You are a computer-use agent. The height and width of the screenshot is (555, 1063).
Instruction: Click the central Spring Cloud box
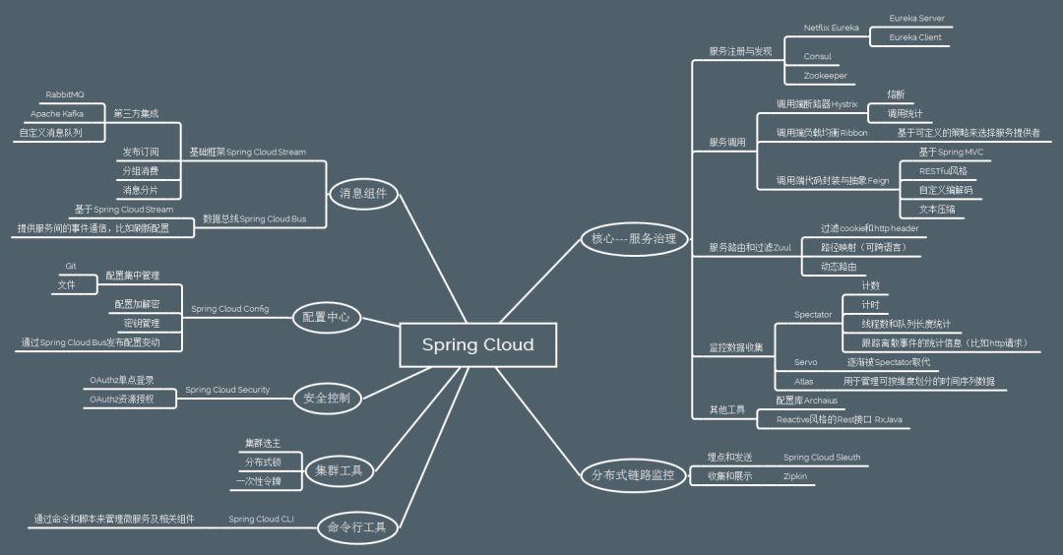click(477, 344)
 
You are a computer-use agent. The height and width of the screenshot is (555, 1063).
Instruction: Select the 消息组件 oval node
click(362, 194)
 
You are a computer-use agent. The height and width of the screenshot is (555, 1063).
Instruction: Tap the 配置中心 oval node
click(326, 317)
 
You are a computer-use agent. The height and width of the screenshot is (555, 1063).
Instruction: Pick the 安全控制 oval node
click(327, 398)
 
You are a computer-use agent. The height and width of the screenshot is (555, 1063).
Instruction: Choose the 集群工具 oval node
click(339, 470)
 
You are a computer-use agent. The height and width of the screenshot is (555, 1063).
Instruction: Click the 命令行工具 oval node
click(356, 528)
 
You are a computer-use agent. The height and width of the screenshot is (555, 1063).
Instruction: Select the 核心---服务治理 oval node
click(633, 238)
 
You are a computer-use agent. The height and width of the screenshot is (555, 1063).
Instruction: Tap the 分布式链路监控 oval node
click(633, 475)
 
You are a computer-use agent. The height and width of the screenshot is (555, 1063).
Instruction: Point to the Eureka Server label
click(916, 19)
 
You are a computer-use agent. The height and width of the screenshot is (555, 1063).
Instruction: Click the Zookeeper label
click(825, 76)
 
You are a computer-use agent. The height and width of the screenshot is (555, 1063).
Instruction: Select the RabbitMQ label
click(65, 94)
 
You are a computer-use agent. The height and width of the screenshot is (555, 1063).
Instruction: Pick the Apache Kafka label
click(57, 114)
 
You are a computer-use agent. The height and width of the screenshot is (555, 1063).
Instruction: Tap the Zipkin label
click(795, 475)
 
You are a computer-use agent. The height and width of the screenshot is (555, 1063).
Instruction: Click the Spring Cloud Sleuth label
click(822, 458)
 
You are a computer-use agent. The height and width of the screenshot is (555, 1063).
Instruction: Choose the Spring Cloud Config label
click(229, 308)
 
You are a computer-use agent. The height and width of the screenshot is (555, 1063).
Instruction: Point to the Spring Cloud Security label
click(227, 390)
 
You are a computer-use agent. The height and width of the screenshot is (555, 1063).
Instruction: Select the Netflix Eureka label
click(832, 28)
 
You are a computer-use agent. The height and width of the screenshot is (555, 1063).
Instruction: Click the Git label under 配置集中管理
click(71, 267)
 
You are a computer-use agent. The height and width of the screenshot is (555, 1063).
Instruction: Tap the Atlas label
click(804, 381)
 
